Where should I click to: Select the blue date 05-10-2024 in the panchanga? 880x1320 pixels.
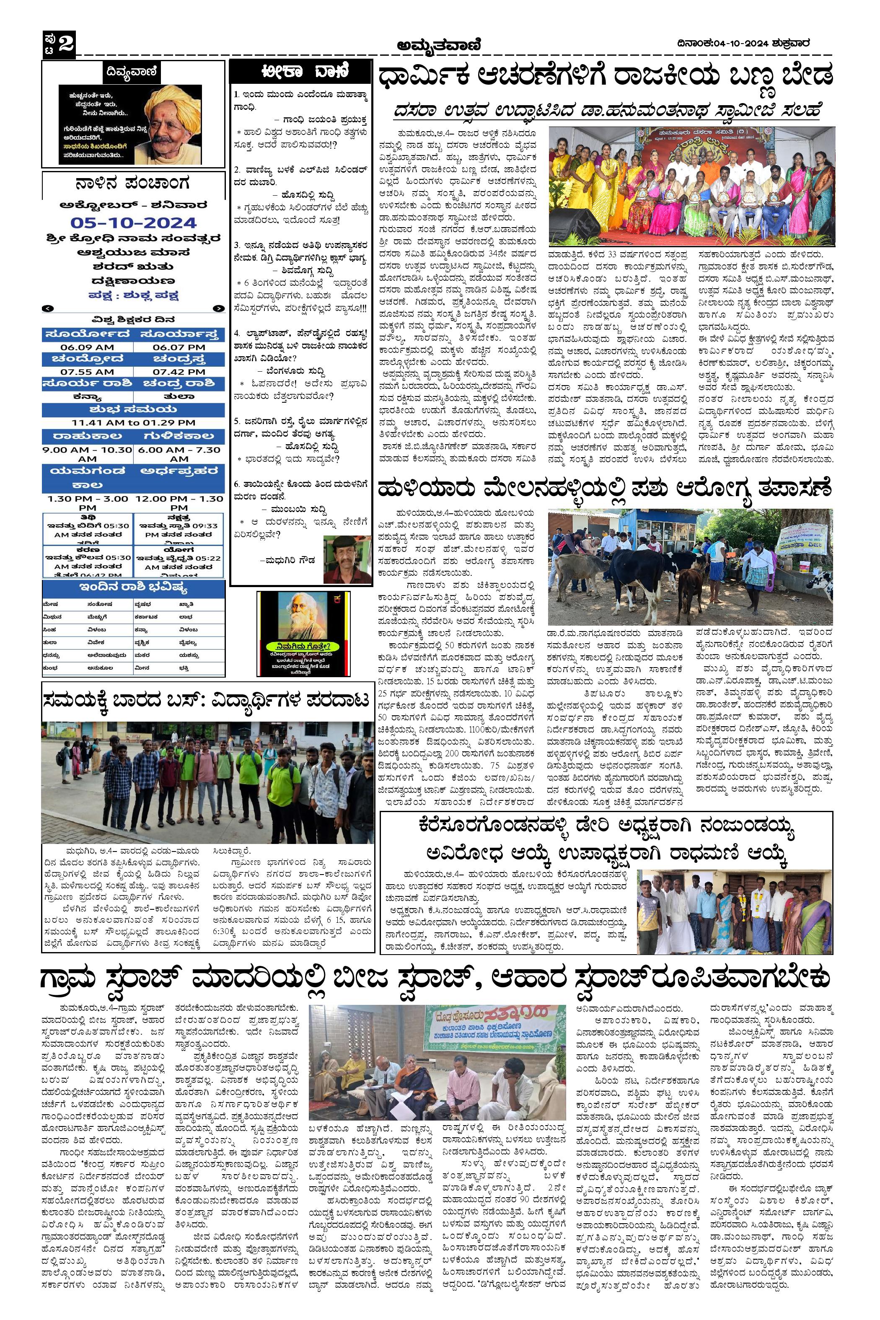point(134,223)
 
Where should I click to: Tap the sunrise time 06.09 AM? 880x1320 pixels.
point(88,347)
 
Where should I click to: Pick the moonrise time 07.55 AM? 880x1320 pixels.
point(88,372)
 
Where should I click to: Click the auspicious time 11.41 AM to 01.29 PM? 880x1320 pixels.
point(134,422)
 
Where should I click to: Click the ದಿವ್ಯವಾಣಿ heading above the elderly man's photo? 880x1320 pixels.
point(133,72)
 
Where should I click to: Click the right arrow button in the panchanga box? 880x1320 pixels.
point(218,308)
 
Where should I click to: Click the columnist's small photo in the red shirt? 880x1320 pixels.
point(347,559)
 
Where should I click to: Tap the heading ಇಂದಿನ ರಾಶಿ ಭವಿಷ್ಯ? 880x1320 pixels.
point(134,588)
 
